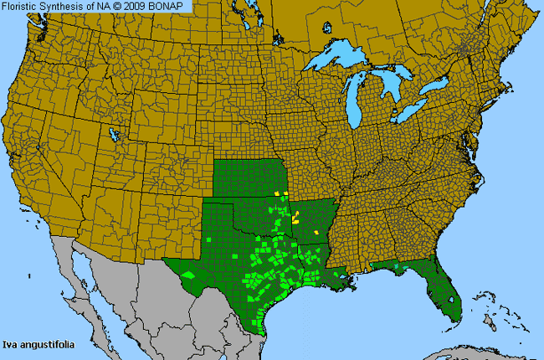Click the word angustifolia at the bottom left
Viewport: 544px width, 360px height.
(43, 347)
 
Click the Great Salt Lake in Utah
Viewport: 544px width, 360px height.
(112, 134)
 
